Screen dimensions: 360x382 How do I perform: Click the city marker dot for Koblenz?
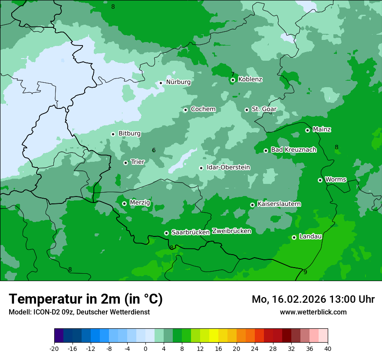(233, 80)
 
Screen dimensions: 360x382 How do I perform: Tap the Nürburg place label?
(178, 82)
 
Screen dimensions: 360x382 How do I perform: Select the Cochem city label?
(203, 109)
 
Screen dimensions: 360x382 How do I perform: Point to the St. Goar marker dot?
(247, 110)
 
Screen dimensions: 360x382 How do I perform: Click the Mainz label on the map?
(322, 129)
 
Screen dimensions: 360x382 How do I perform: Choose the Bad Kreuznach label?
(293, 150)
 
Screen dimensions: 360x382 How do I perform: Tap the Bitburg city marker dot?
(113, 134)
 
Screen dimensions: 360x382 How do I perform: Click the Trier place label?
(138, 162)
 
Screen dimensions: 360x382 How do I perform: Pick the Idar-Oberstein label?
(228, 167)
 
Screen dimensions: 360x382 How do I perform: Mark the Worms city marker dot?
(320, 180)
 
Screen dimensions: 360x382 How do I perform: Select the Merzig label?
(140, 203)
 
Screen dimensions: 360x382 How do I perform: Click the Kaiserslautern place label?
(279, 204)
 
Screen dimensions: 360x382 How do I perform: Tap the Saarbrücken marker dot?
(166, 233)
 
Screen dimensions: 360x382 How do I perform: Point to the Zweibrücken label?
(231, 231)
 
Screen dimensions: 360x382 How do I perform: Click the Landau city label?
(310, 236)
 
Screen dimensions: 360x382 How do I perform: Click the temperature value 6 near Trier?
(154, 150)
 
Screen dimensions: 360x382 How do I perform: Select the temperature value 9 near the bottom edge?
(305, 272)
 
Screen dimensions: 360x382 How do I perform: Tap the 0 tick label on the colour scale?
(145, 348)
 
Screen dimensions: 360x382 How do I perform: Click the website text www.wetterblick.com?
(313, 312)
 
